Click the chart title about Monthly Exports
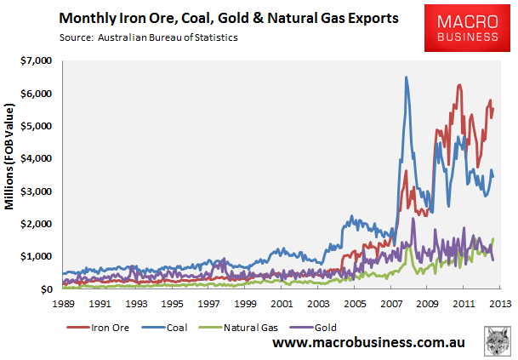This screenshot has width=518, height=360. point(228,17)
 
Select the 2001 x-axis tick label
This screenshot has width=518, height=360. point(281,303)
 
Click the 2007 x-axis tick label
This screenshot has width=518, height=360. point(390,303)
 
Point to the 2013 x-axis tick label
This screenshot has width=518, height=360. point(499,303)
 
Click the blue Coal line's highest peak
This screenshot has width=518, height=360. point(406,78)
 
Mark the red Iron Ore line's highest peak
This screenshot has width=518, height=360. point(460,85)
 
